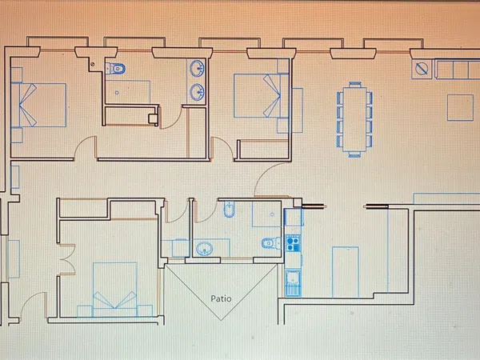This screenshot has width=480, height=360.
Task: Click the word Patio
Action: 221,298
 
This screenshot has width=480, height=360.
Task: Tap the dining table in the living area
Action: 354,119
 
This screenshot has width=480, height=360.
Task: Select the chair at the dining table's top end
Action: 355,85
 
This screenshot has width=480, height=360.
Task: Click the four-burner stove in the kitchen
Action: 293,243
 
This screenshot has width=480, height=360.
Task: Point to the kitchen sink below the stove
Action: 293,283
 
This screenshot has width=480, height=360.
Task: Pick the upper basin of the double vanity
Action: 197,68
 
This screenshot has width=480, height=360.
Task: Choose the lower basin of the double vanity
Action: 197,92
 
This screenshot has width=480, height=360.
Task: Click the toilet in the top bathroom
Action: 116,68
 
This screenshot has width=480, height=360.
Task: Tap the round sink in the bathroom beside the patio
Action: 205,248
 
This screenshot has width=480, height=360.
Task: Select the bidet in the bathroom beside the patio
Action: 229,209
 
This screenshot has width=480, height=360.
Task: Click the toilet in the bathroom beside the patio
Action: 271,243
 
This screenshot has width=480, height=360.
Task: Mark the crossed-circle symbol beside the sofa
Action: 422,69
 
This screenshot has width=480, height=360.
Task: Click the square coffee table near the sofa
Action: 460,107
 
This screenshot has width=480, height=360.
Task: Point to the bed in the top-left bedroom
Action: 38,105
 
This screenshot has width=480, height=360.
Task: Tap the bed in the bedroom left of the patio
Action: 114,290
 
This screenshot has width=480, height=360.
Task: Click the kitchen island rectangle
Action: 346,272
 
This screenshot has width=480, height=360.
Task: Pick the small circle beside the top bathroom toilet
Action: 93,64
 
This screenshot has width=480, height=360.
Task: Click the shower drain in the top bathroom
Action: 117,93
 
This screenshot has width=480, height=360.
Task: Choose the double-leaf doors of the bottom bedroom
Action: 68,259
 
